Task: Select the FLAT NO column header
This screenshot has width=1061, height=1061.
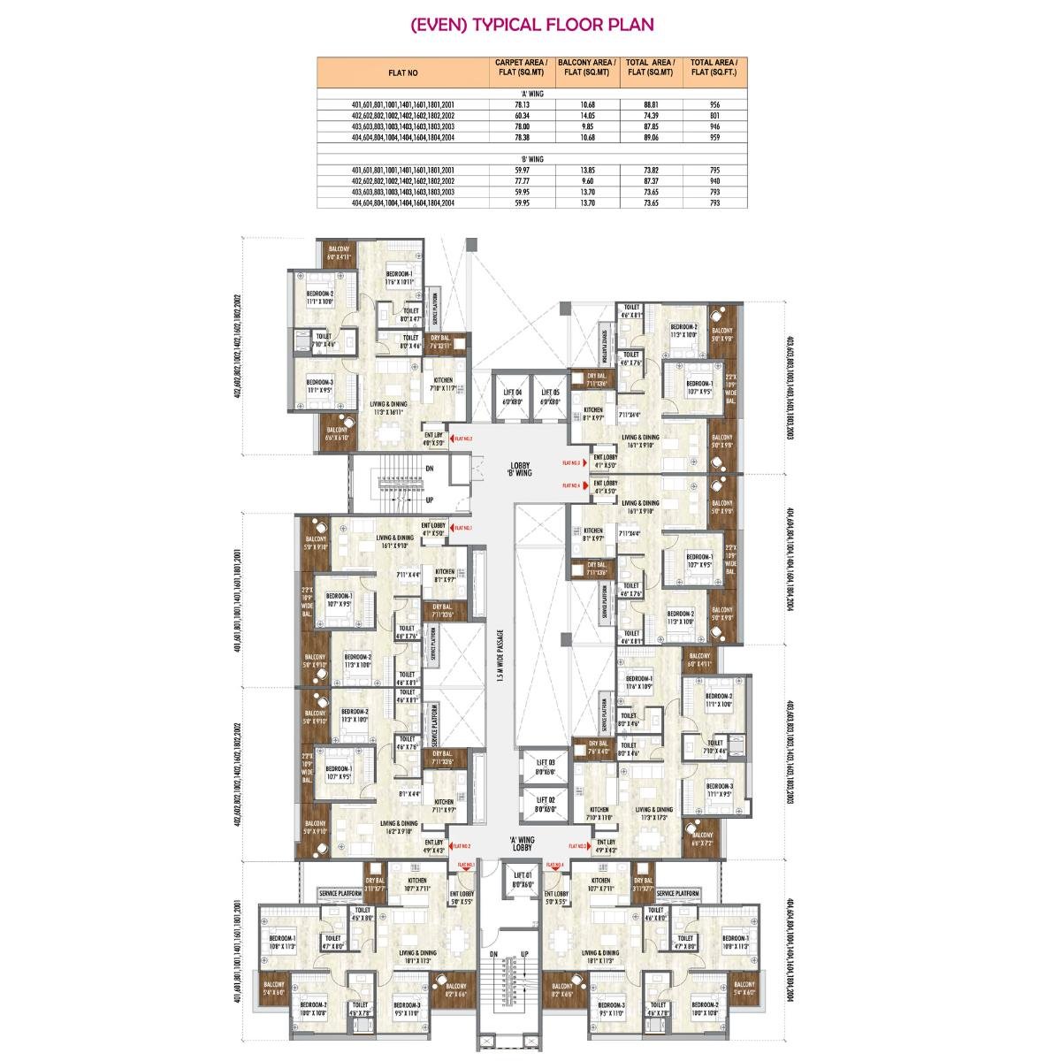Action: [402, 73]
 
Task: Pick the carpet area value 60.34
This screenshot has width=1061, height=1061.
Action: [521, 116]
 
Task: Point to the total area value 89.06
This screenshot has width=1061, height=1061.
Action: [653, 137]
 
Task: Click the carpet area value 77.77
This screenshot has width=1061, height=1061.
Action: [521, 180]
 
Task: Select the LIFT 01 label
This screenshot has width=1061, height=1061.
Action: [520, 880]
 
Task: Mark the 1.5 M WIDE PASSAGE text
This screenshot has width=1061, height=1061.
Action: [500, 655]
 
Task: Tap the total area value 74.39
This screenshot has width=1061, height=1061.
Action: [653, 116]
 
